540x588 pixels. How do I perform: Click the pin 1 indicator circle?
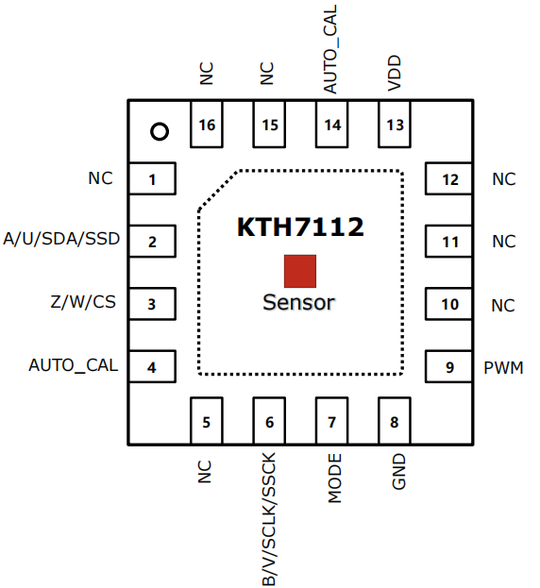pos(160,125)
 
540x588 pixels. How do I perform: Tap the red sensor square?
pos(300,271)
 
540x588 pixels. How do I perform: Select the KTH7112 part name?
pos(300,227)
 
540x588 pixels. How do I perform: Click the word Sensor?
pos(298,303)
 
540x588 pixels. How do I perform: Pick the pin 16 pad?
pos(207,125)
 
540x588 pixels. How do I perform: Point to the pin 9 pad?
pos(448,366)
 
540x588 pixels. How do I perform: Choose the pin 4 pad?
pos(152,366)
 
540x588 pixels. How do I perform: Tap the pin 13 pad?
pos(395,125)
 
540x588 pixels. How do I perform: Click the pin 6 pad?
pos(269,421)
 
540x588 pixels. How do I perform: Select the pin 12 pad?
pos(448,179)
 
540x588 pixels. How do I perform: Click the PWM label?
pos(503,368)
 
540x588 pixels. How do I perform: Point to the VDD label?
pos(395,73)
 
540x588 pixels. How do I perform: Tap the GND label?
pos(398,472)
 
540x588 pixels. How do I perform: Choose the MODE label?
pos(335,479)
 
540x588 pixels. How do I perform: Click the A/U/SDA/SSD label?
pos(61,239)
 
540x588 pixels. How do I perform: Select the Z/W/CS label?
pos(83,302)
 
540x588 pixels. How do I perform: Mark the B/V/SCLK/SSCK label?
pos(269,519)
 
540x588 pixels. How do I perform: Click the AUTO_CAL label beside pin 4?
pos(74,365)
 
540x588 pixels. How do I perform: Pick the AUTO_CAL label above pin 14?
pos(330,49)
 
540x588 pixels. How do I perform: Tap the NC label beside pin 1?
pos(100,178)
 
